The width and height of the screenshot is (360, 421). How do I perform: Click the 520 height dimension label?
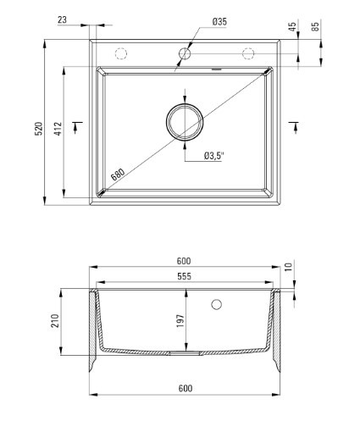[39, 129]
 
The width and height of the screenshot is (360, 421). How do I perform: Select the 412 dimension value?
[58, 129]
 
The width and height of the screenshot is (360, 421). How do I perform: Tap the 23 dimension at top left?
[62, 20]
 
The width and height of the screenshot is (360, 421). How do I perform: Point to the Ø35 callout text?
[219, 22]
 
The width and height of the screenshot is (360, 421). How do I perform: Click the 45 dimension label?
[293, 26]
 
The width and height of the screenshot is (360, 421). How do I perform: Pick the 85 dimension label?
[316, 26]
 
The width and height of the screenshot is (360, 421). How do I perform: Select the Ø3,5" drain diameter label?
[213, 156]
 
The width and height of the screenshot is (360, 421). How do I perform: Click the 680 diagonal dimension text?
[118, 174]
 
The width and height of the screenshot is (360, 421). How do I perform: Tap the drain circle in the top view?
[185, 122]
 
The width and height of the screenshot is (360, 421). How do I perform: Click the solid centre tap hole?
[185, 53]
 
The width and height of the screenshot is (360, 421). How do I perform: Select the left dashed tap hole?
[121, 53]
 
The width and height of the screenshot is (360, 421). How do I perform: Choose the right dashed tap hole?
[248, 53]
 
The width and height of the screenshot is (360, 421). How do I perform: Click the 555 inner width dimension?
[184, 276]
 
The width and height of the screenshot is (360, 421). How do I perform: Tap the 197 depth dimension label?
[180, 321]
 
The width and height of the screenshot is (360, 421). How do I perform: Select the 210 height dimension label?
[55, 321]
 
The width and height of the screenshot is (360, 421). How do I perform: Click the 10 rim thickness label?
[288, 267]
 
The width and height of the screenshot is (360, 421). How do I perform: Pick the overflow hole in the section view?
[216, 304]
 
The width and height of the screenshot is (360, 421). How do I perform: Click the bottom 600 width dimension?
[186, 389]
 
